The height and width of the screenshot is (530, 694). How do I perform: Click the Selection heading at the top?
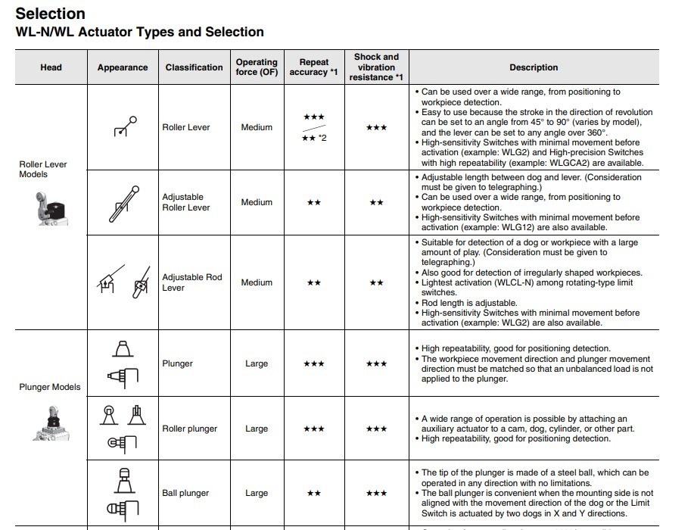pos(51,14)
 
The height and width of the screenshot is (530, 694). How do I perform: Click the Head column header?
pos(51,67)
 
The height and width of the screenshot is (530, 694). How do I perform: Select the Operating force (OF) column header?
pos(257,67)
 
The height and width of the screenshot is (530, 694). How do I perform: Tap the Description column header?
pos(534,67)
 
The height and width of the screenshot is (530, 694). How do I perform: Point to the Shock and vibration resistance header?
pos(376,67)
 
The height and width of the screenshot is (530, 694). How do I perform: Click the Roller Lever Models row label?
pos(44,169)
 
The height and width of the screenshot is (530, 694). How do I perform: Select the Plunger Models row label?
pos(50,387)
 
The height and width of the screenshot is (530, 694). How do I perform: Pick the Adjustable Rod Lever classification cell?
pos(192,282)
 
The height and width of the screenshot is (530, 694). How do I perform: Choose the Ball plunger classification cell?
pos(185,493)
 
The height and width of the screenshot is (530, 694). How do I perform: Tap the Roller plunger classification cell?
pos(189,429)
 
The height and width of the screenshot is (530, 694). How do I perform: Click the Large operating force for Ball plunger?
pos(257,493)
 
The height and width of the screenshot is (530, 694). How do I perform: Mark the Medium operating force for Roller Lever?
pos(257,127)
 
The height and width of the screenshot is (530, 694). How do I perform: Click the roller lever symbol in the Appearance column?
pos(124,126)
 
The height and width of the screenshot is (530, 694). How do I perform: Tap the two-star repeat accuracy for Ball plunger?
pos(313,493)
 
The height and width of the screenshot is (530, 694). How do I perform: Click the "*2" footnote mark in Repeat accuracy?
pos(322,137)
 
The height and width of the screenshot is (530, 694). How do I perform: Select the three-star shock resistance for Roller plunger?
pos(376,429)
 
